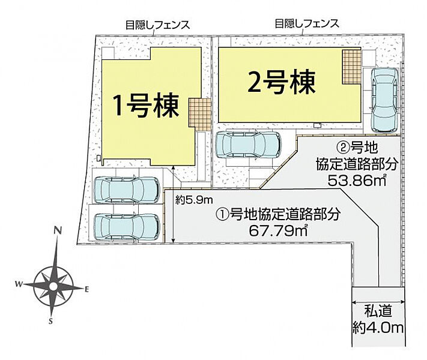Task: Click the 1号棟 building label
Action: (146, 106)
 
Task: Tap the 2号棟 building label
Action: (282, 82)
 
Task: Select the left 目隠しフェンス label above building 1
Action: (158, 25)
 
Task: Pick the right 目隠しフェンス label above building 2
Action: (307, 23)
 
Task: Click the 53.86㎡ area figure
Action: (357, 180)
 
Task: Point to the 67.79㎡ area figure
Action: (278, 231)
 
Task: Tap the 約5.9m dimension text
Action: (194, 200)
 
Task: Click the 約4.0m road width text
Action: (378, 328)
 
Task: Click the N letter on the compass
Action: (57, 230)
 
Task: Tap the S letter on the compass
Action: (50, 322)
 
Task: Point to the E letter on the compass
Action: (87, 290)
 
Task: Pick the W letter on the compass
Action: (19, 284)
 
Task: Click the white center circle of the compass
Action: (53, 286)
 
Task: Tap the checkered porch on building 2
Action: (351, 67)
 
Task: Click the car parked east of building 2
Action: (384, 100)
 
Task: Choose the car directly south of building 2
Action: (248, 145)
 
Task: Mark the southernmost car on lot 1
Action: (127, 227)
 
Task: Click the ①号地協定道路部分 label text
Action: (278, 214)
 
